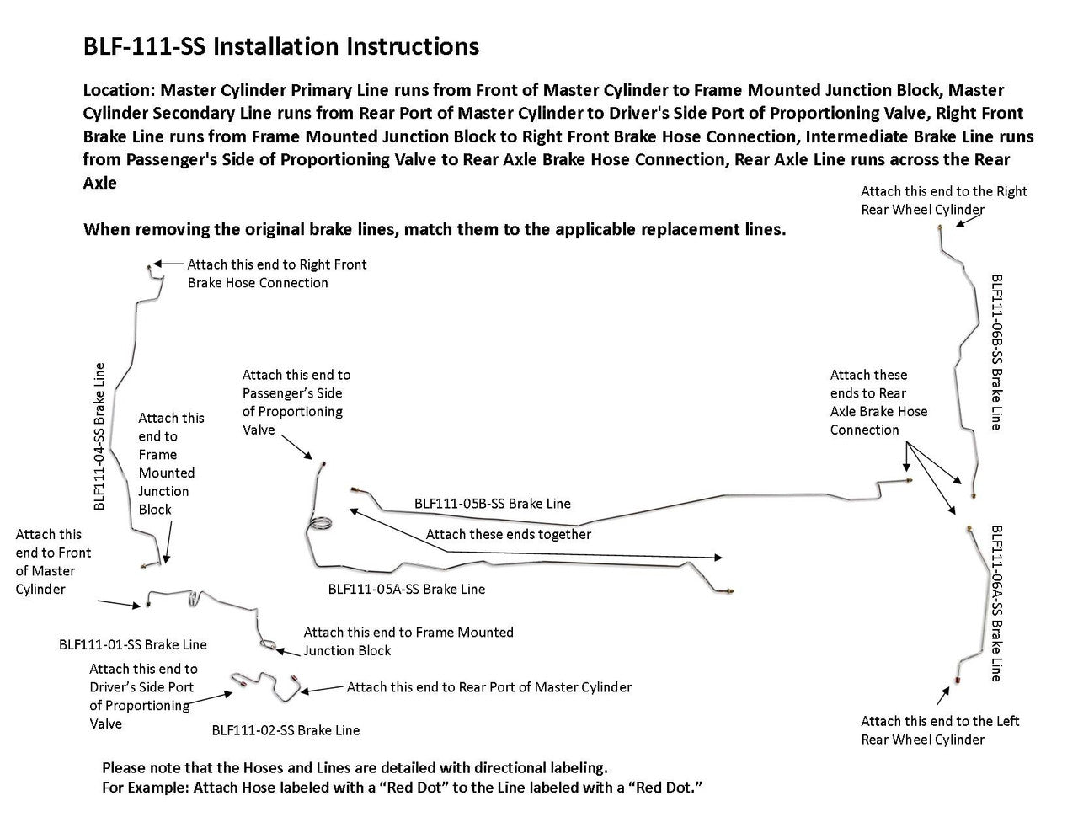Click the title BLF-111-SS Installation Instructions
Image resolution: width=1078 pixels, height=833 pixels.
tap(281, 46)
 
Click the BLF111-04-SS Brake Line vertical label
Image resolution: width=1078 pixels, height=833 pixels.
tap(99, 436)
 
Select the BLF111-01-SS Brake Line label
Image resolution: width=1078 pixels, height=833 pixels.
tap(132, 644)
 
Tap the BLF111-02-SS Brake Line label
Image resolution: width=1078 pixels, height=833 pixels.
tap(286, 730)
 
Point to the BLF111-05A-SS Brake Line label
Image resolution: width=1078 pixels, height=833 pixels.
tap(406, 590)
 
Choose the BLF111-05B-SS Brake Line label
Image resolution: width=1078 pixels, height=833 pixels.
tap(492, 504)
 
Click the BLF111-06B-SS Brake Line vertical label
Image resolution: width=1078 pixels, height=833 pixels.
tap(996, 351)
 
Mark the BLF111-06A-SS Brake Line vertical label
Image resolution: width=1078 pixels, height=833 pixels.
tap(996, 603)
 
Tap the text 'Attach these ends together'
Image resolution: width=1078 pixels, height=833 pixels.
tap(508, 534)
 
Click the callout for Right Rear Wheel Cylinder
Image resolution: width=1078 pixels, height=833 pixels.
tap(943, 200)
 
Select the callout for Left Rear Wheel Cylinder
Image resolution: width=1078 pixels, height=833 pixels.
tap(939, 730)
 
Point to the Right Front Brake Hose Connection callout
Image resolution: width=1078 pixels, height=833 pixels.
tap(276, 274)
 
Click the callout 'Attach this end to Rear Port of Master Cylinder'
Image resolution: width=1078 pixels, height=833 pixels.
tap(488, 687)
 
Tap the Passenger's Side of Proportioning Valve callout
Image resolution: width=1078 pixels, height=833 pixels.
tap(296, 402)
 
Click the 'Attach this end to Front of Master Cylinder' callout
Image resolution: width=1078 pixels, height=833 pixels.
tap(53, 562)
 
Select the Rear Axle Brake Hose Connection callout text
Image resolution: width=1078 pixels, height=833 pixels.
tap(878, 403)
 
